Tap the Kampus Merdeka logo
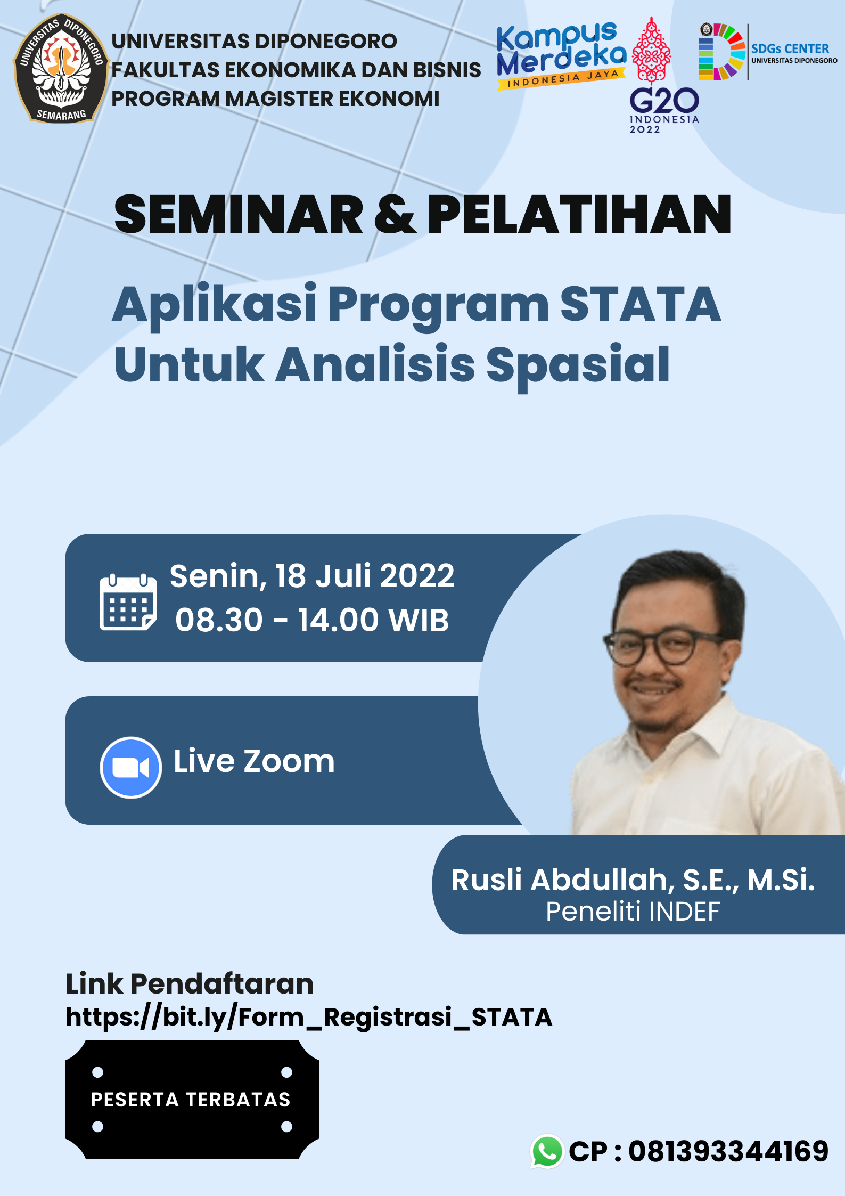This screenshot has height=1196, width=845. point(561,55)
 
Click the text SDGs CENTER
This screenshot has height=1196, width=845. point(790,48)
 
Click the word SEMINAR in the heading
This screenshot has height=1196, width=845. point(239,215)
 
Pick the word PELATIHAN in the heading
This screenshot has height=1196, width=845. point(579,215)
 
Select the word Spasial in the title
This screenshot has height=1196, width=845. point(578,366)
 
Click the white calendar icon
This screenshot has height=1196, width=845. point(128,602)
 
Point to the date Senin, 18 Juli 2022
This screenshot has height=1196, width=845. point(312,576)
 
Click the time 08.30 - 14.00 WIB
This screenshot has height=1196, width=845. point(313,620)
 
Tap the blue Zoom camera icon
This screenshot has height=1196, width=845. point(130,768)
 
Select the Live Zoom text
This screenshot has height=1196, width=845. point(254,761)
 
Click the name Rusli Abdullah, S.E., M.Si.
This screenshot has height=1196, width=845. point(633,880)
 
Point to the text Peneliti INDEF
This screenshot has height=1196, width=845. point(633,912)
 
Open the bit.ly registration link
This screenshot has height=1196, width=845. point(309,1017)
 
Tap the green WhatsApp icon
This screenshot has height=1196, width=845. point(547,1151)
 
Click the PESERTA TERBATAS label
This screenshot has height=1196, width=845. point(191,1100)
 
